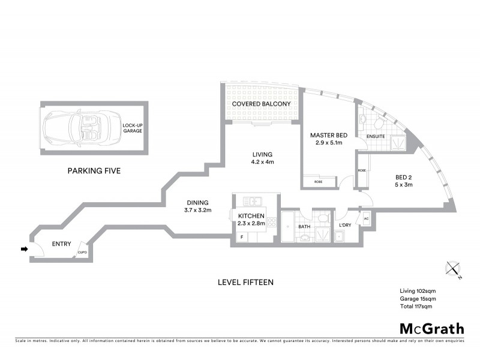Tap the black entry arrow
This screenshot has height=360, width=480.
(x=24, y=249)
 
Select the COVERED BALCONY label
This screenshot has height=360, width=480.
(x=261, y=104)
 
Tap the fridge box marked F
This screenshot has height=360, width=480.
(x=242, y=238)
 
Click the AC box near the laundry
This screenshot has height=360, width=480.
(x=366, y=219)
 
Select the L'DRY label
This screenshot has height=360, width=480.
(x=344, y=225)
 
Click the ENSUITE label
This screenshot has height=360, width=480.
(x=376, y=136)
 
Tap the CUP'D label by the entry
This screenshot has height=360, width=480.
(x=83, y=252)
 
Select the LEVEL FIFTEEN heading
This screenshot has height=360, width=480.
(x=246, y=281)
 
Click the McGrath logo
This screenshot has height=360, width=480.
(x=431, y=328)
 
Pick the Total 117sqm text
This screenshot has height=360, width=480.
(x=416, y=306)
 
